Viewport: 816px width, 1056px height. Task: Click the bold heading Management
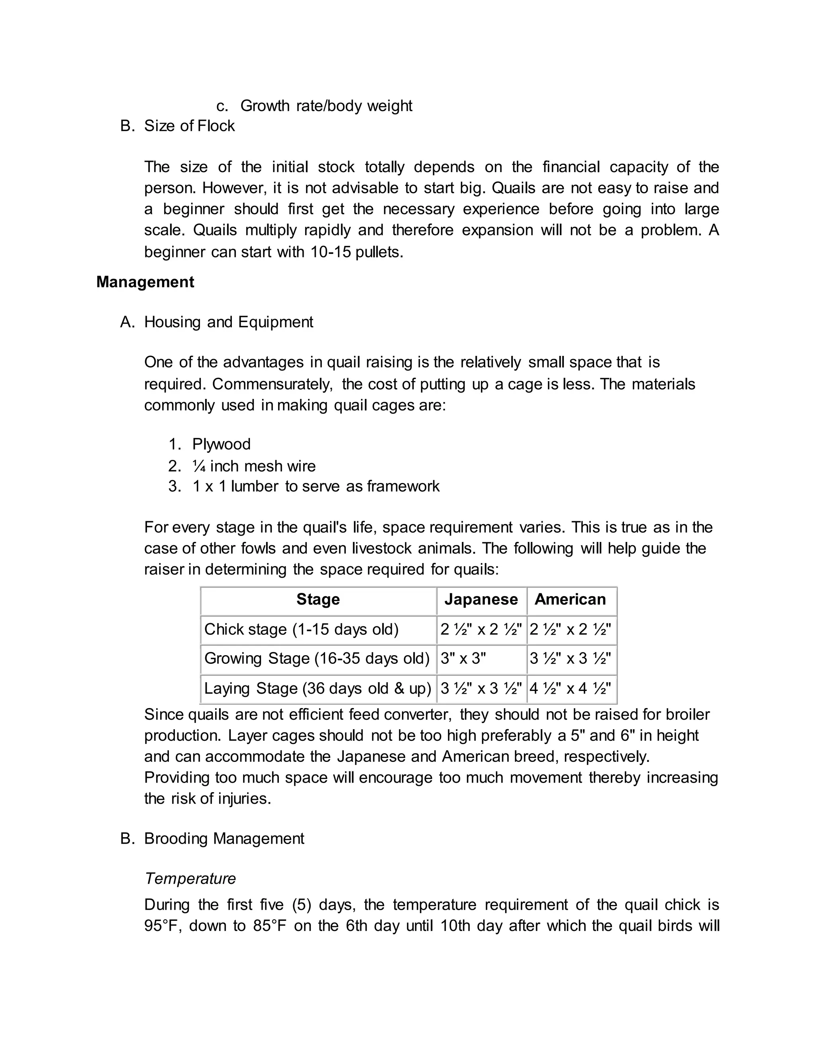tap(145, 282)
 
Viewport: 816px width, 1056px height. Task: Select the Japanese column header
tap(481, 600)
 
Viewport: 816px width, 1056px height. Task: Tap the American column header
tap(570, 600)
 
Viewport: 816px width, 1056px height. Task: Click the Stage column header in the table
tap(318, 600)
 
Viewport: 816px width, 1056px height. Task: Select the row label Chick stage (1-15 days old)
tap(301, 629)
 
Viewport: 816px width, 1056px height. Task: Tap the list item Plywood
tap(222, 444)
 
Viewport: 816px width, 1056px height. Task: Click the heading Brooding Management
tap(224, 838)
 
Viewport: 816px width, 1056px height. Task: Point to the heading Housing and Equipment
tap(228, 322)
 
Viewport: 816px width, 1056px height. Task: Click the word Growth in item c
tap(265, 106)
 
